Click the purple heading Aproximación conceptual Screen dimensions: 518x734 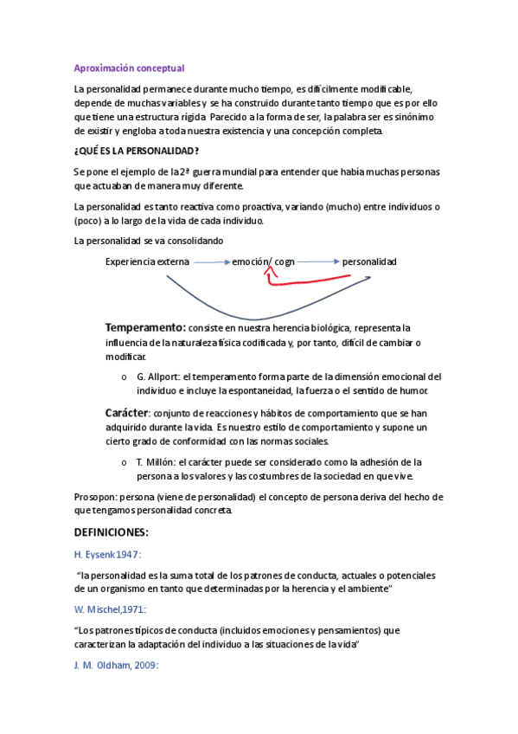pos(129,68)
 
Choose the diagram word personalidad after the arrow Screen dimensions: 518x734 pos(369,261)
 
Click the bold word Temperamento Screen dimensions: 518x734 pos(144,328)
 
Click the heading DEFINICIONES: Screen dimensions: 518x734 pos(112,531)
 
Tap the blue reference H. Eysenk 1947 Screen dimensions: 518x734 pos(108,554)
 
